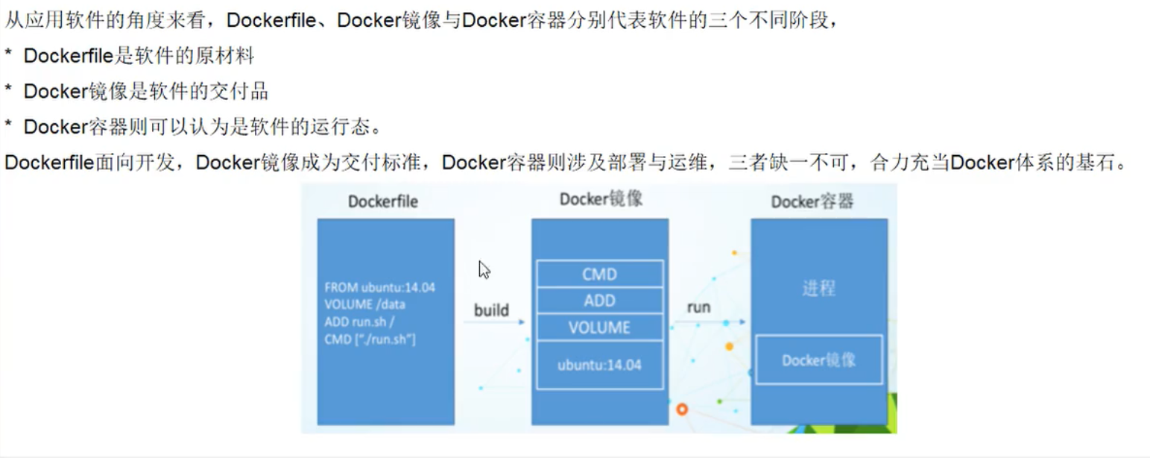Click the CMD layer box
[599, 274]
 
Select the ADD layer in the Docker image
[599, 301]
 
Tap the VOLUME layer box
[599, 327]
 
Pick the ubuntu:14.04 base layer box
[599, 365]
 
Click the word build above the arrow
[491, 310]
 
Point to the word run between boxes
[698, 307]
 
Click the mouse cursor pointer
[484, 269]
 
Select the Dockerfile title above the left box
[383, 201]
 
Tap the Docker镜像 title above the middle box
[601, 199]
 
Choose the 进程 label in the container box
[818, 289]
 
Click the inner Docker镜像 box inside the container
[818, 360]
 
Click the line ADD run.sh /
[358, 321]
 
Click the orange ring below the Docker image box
[680, 409]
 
